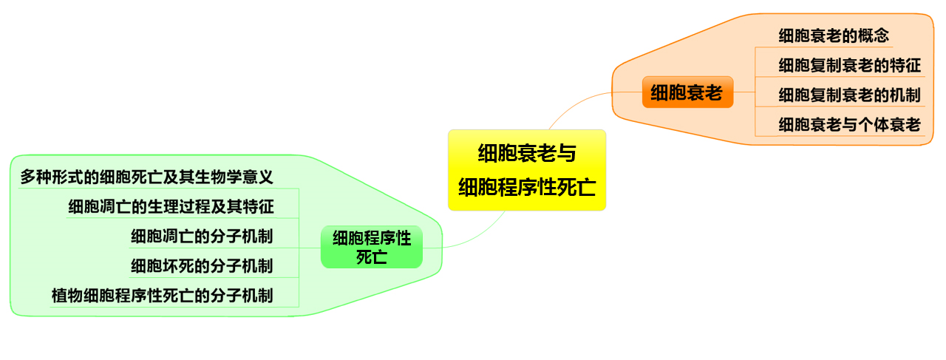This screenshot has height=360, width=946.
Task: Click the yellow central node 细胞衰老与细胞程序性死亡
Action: [526, 170]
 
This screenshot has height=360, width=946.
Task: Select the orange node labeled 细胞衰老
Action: [687, 92]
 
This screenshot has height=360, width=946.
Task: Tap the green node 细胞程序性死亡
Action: [371, 247]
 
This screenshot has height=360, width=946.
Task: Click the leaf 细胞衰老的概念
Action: [833, 35]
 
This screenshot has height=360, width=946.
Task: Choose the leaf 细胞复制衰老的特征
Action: [849, 65]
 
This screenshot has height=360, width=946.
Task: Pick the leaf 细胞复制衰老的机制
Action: [849, 95]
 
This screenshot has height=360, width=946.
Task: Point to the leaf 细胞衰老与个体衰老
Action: [849, 125]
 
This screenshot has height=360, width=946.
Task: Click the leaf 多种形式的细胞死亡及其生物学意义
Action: [146, 177]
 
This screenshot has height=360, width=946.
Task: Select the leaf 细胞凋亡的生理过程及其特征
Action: [171, 206]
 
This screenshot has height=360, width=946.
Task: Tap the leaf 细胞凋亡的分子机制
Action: [202, 237]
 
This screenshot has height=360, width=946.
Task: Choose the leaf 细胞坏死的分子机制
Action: [202, 266]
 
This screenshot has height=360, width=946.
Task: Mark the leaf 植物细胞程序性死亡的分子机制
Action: [162, 296]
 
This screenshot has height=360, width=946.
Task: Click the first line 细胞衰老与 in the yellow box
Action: [526, 154]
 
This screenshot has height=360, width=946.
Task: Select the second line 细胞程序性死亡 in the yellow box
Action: [526, 186]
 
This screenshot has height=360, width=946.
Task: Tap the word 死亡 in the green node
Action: [371, 257]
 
